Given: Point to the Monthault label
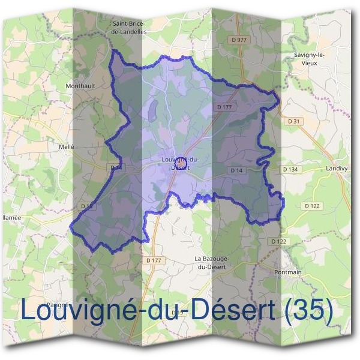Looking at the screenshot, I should (80, 86).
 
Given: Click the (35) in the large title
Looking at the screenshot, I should (308, 310).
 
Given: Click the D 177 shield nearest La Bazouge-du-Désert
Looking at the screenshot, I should (154, 260).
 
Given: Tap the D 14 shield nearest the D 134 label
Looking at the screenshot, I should (236, 170).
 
